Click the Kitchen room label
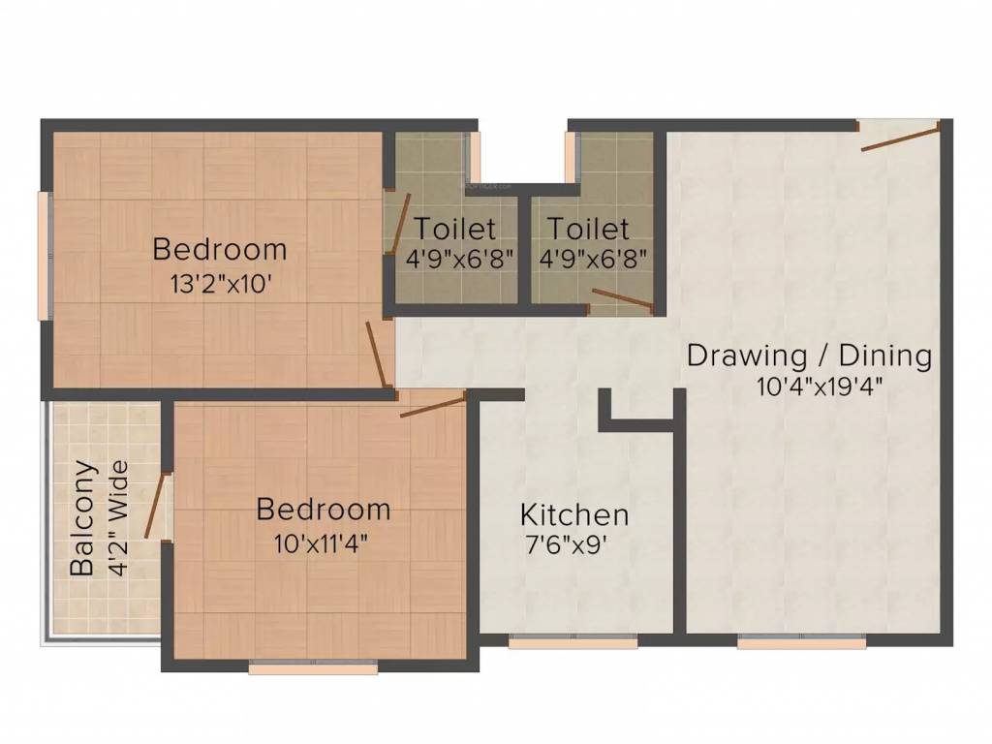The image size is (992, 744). click(574, 513)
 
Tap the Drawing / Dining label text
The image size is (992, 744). click(809, 356)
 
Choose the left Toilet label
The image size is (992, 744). click(455, 230)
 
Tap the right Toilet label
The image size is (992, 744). click(587, 230)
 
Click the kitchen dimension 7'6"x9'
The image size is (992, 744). click(566, 544)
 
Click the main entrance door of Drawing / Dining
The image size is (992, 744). click(899, 137)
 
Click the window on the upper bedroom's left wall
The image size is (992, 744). click(44, 254)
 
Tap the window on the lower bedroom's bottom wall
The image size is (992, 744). click(313, 666)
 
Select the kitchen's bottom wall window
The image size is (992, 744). click(573, 640)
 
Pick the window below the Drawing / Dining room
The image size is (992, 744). click(801, 640)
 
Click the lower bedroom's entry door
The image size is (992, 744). click(433, 405)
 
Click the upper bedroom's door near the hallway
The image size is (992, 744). click(378, 355)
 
